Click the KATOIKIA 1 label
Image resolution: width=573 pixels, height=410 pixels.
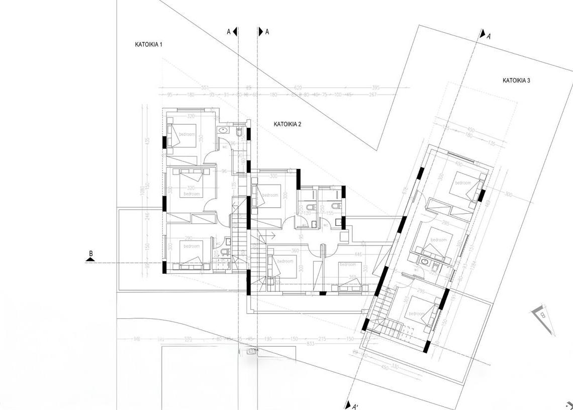[148, 45]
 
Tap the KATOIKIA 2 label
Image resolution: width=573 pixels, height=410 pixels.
[287, 124]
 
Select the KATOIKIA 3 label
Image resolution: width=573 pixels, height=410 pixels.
[516, 80]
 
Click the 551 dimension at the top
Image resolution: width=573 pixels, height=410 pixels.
[205, 88]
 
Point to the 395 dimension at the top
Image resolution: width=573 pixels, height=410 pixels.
[376, 88]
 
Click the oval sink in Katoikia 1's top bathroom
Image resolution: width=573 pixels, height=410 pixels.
[223, 131]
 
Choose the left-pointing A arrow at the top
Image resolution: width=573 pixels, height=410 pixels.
[235, 32]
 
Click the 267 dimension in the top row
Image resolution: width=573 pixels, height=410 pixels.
[373, 95]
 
